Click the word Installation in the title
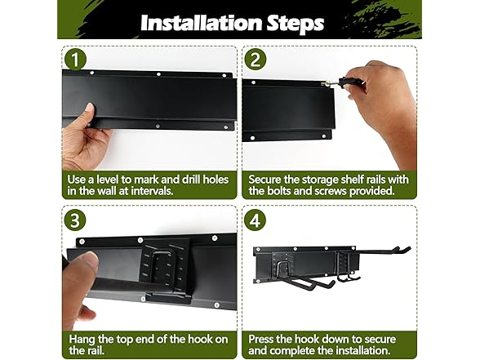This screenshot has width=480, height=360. pos(202,23)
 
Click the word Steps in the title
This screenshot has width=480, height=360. pos(296,23)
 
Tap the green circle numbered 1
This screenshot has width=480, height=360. pos(75,60)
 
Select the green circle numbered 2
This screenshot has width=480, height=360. pos(256,60)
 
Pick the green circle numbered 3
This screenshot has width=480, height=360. pos(75,220)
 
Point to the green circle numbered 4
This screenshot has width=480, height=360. pos(256,220)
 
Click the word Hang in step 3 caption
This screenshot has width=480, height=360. pos(82,340)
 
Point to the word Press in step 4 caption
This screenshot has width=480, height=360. pos(261,340)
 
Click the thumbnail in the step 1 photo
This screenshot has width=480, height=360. pos(90,108)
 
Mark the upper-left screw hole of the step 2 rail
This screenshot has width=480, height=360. pos(253,82)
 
